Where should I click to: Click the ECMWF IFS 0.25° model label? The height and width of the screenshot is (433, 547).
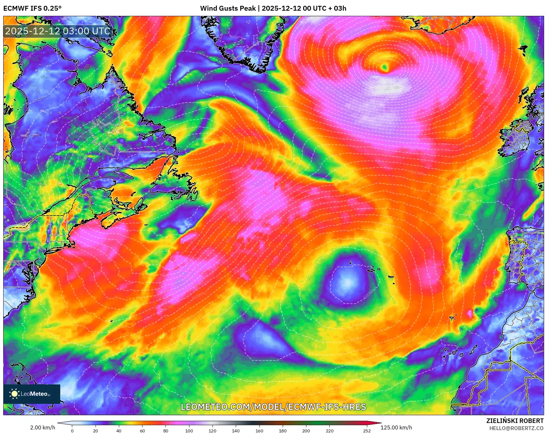32,8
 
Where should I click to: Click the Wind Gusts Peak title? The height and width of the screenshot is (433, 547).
273,8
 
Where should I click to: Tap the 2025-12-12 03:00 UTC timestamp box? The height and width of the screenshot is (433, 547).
58,31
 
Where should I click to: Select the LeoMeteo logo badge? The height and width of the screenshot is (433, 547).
32,394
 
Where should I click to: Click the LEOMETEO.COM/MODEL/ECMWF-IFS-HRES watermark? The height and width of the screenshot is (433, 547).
273,407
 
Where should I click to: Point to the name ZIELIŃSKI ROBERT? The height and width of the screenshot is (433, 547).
515,421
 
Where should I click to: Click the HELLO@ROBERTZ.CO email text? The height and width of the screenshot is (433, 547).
516,428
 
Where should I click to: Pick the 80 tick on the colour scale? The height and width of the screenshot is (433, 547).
166,430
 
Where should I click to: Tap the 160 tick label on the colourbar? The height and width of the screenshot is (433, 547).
259,430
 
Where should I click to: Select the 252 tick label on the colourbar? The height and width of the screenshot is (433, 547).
367,430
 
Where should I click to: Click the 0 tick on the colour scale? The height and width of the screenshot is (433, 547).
72,430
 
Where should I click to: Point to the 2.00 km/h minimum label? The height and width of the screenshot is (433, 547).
42,427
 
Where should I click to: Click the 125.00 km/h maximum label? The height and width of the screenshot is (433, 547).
396,427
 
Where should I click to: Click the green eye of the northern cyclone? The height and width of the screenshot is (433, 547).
385,67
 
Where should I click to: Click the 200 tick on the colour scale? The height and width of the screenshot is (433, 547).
306,430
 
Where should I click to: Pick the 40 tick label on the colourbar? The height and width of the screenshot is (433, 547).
119,430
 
